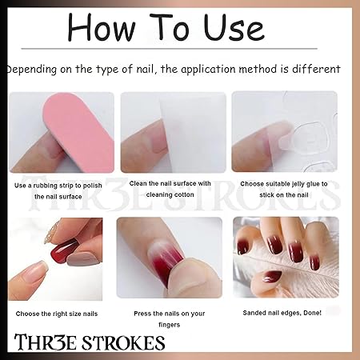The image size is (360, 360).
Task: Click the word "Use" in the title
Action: [234, 28]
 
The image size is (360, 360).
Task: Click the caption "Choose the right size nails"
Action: [57, 314]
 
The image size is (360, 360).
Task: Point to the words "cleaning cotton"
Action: [170, 194]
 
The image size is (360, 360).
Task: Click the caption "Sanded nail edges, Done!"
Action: [282, 313]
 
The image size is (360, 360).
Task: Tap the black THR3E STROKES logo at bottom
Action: [90, 342]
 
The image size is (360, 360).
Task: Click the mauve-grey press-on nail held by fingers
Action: [82, 259]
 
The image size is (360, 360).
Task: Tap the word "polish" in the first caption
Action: [91, 186]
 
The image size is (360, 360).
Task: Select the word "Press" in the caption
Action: [142, 314]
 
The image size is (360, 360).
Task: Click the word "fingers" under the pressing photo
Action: [170, 325]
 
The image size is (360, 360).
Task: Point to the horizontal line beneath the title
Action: [170, 49]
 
